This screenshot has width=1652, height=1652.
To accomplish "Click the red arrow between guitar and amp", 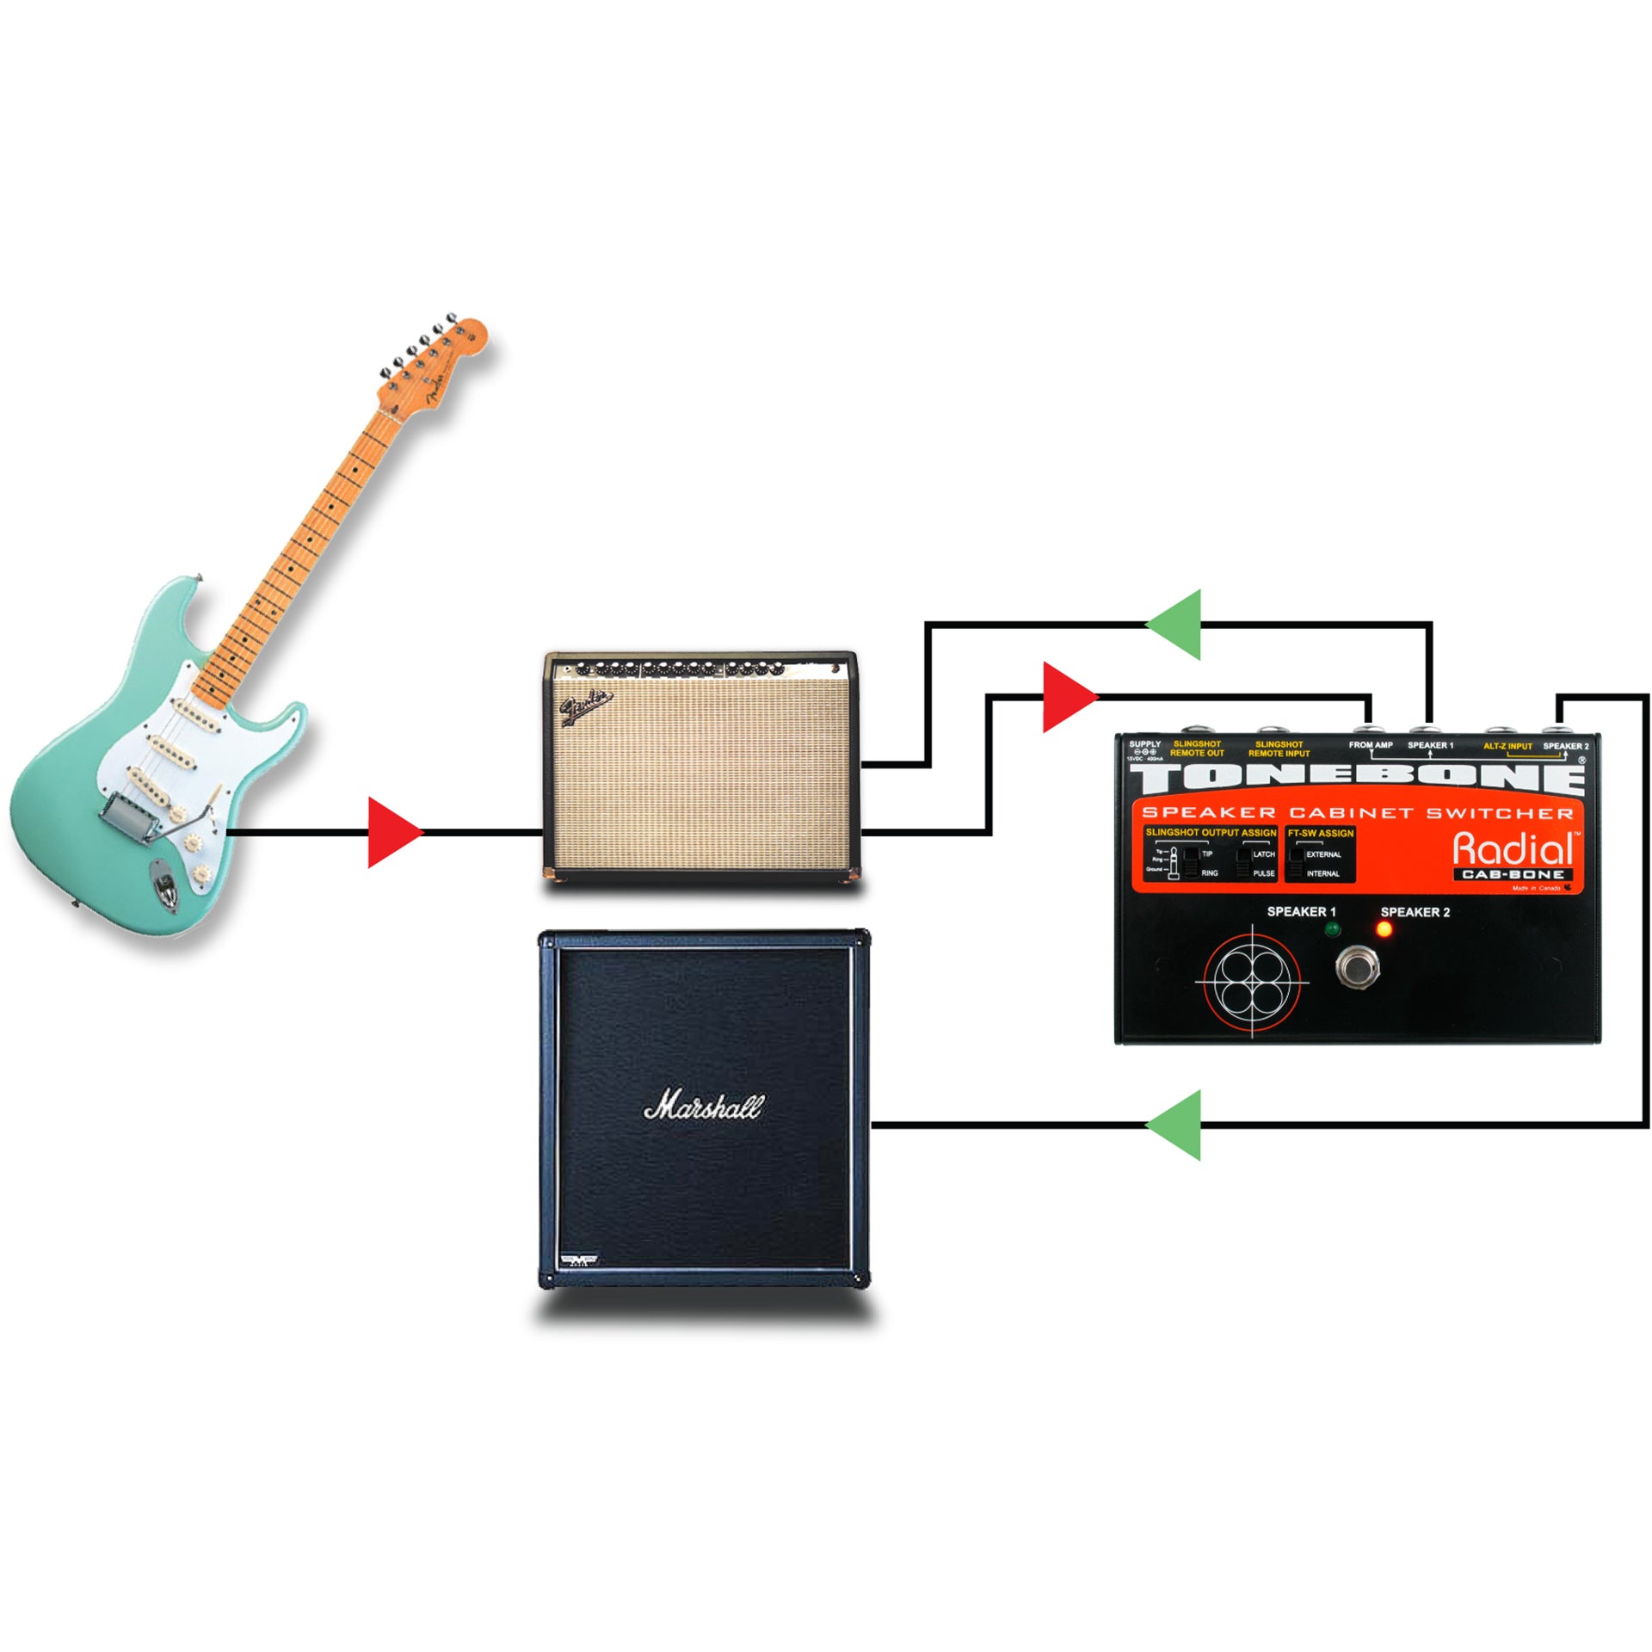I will tap(392, 832).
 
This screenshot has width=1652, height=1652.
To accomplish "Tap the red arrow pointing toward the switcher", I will tap(1067, 697).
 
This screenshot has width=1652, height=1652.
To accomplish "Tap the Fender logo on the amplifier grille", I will tap(586, 708).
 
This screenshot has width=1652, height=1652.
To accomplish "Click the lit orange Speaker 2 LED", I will tap(1384, 929).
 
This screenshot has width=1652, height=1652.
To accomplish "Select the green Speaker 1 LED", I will tap(1333, 929).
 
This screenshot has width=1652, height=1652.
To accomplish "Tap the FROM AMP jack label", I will tap(1371, 745).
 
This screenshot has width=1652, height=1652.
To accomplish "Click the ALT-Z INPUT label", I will tap(1507, 746).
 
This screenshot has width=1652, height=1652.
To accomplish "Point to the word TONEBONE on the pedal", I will tap(1357, 778).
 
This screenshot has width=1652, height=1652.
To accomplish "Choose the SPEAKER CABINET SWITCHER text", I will tap(1357, 812).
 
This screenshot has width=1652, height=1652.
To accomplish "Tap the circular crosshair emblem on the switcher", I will tap(1251, 981).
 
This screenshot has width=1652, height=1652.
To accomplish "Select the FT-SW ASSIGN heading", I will tap(1320, 833).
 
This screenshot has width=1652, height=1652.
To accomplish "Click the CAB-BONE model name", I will tap(1513, 874).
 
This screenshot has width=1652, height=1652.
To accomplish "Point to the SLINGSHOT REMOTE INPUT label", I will tap(1279, 749).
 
